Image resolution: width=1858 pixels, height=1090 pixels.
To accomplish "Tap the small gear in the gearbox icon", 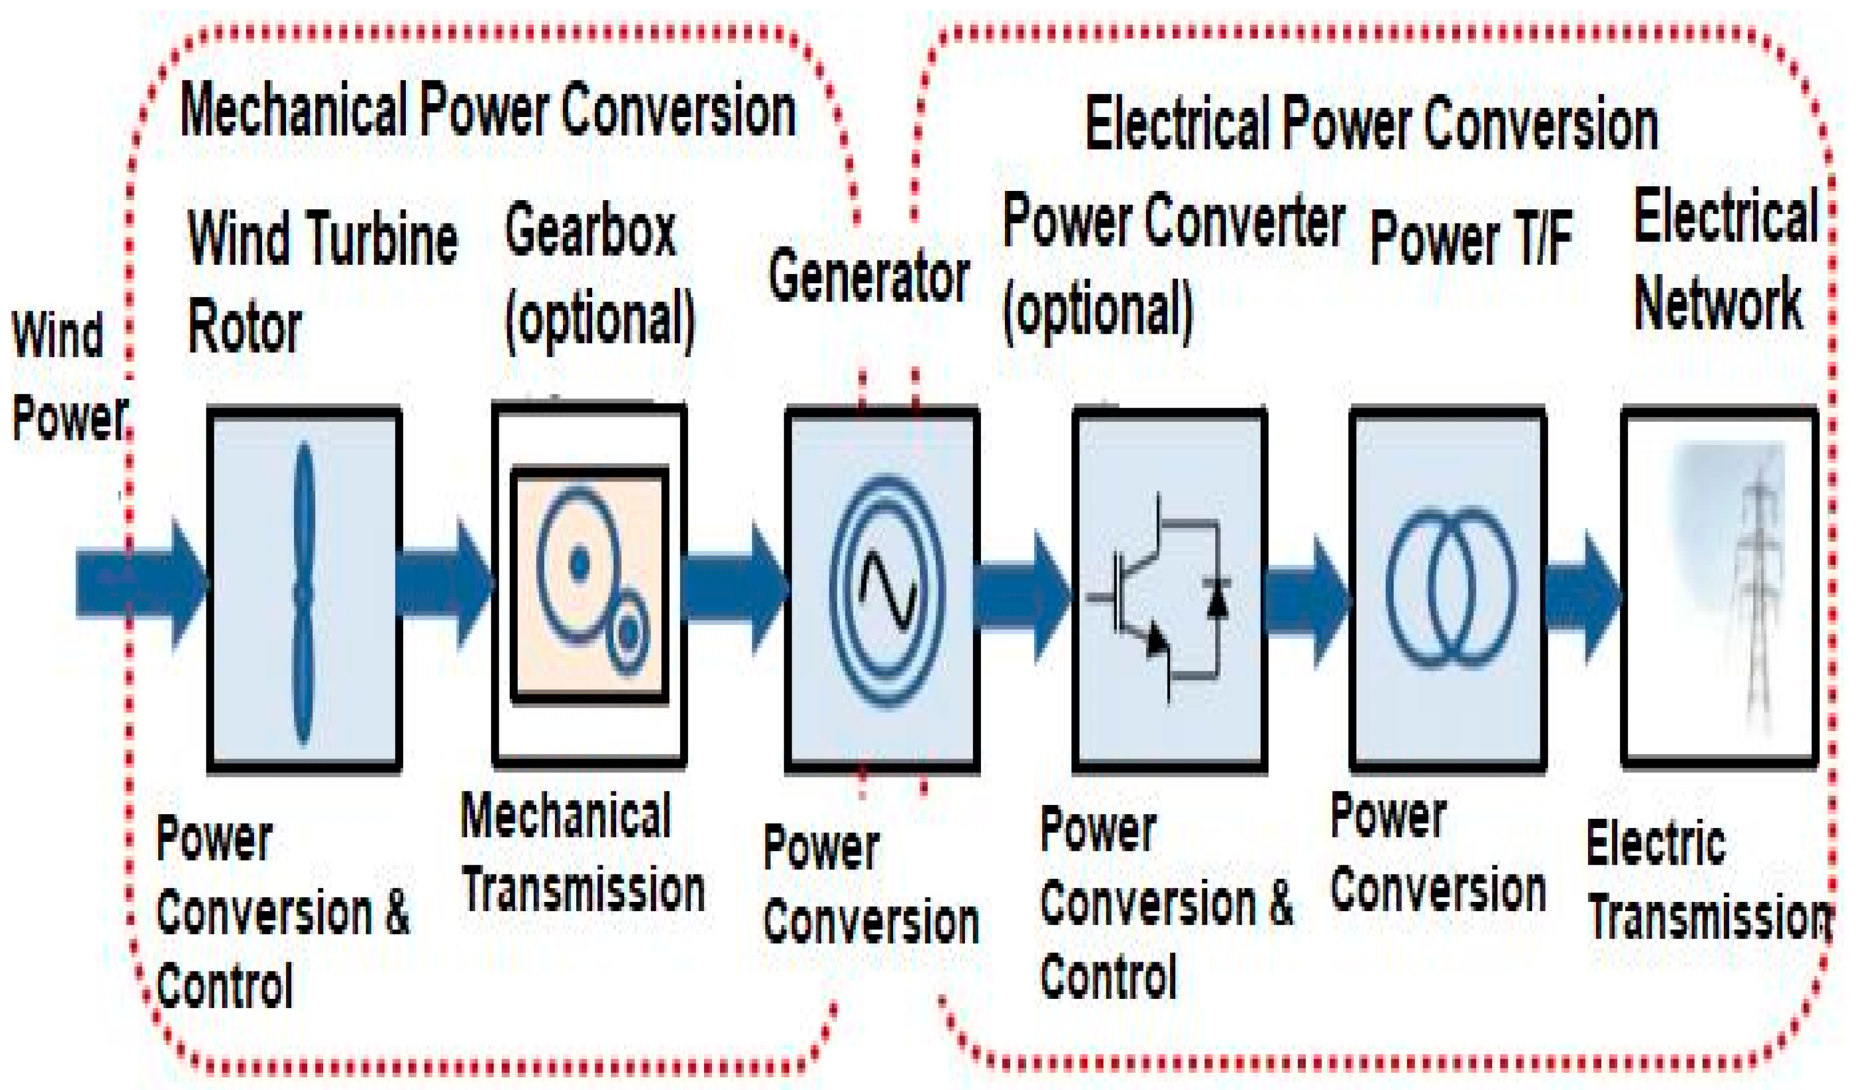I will coord(628,632).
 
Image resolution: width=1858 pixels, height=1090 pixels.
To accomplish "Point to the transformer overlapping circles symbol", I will coord(1451,588).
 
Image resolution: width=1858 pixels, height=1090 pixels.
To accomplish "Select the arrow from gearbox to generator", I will coord(734,588).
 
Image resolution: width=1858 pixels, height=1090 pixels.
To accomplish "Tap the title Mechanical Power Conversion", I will coord(488,111).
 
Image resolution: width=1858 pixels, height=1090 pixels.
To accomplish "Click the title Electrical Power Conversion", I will coord(1371,124).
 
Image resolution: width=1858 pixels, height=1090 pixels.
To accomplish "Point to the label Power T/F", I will coord(1471,237).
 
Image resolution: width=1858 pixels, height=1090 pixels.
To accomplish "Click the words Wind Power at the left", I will coord(67,376).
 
